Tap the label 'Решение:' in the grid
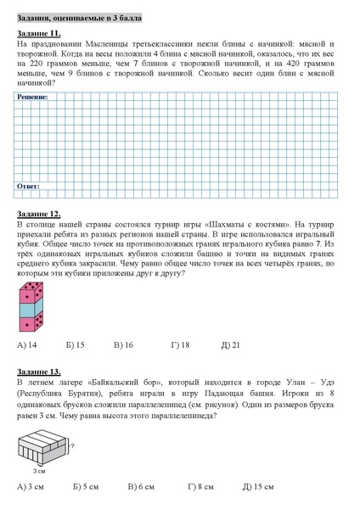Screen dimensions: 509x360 click(x=32, y=98)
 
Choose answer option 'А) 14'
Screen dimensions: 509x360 click(x=26, y=345)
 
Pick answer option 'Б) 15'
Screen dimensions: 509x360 click(x=75, y=345)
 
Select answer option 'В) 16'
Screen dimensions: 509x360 click(x=123, y=345)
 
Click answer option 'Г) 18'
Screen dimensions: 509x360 click(x=179, y=345)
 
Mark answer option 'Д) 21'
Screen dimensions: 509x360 click(x=230, y=345)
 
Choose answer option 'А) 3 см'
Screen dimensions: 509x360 click(x=30, y=486)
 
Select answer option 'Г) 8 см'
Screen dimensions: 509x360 click(x=200, y=486)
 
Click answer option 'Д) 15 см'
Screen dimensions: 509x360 click(x=257, y=486)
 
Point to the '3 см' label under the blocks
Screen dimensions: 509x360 click(x=39, y=469)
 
